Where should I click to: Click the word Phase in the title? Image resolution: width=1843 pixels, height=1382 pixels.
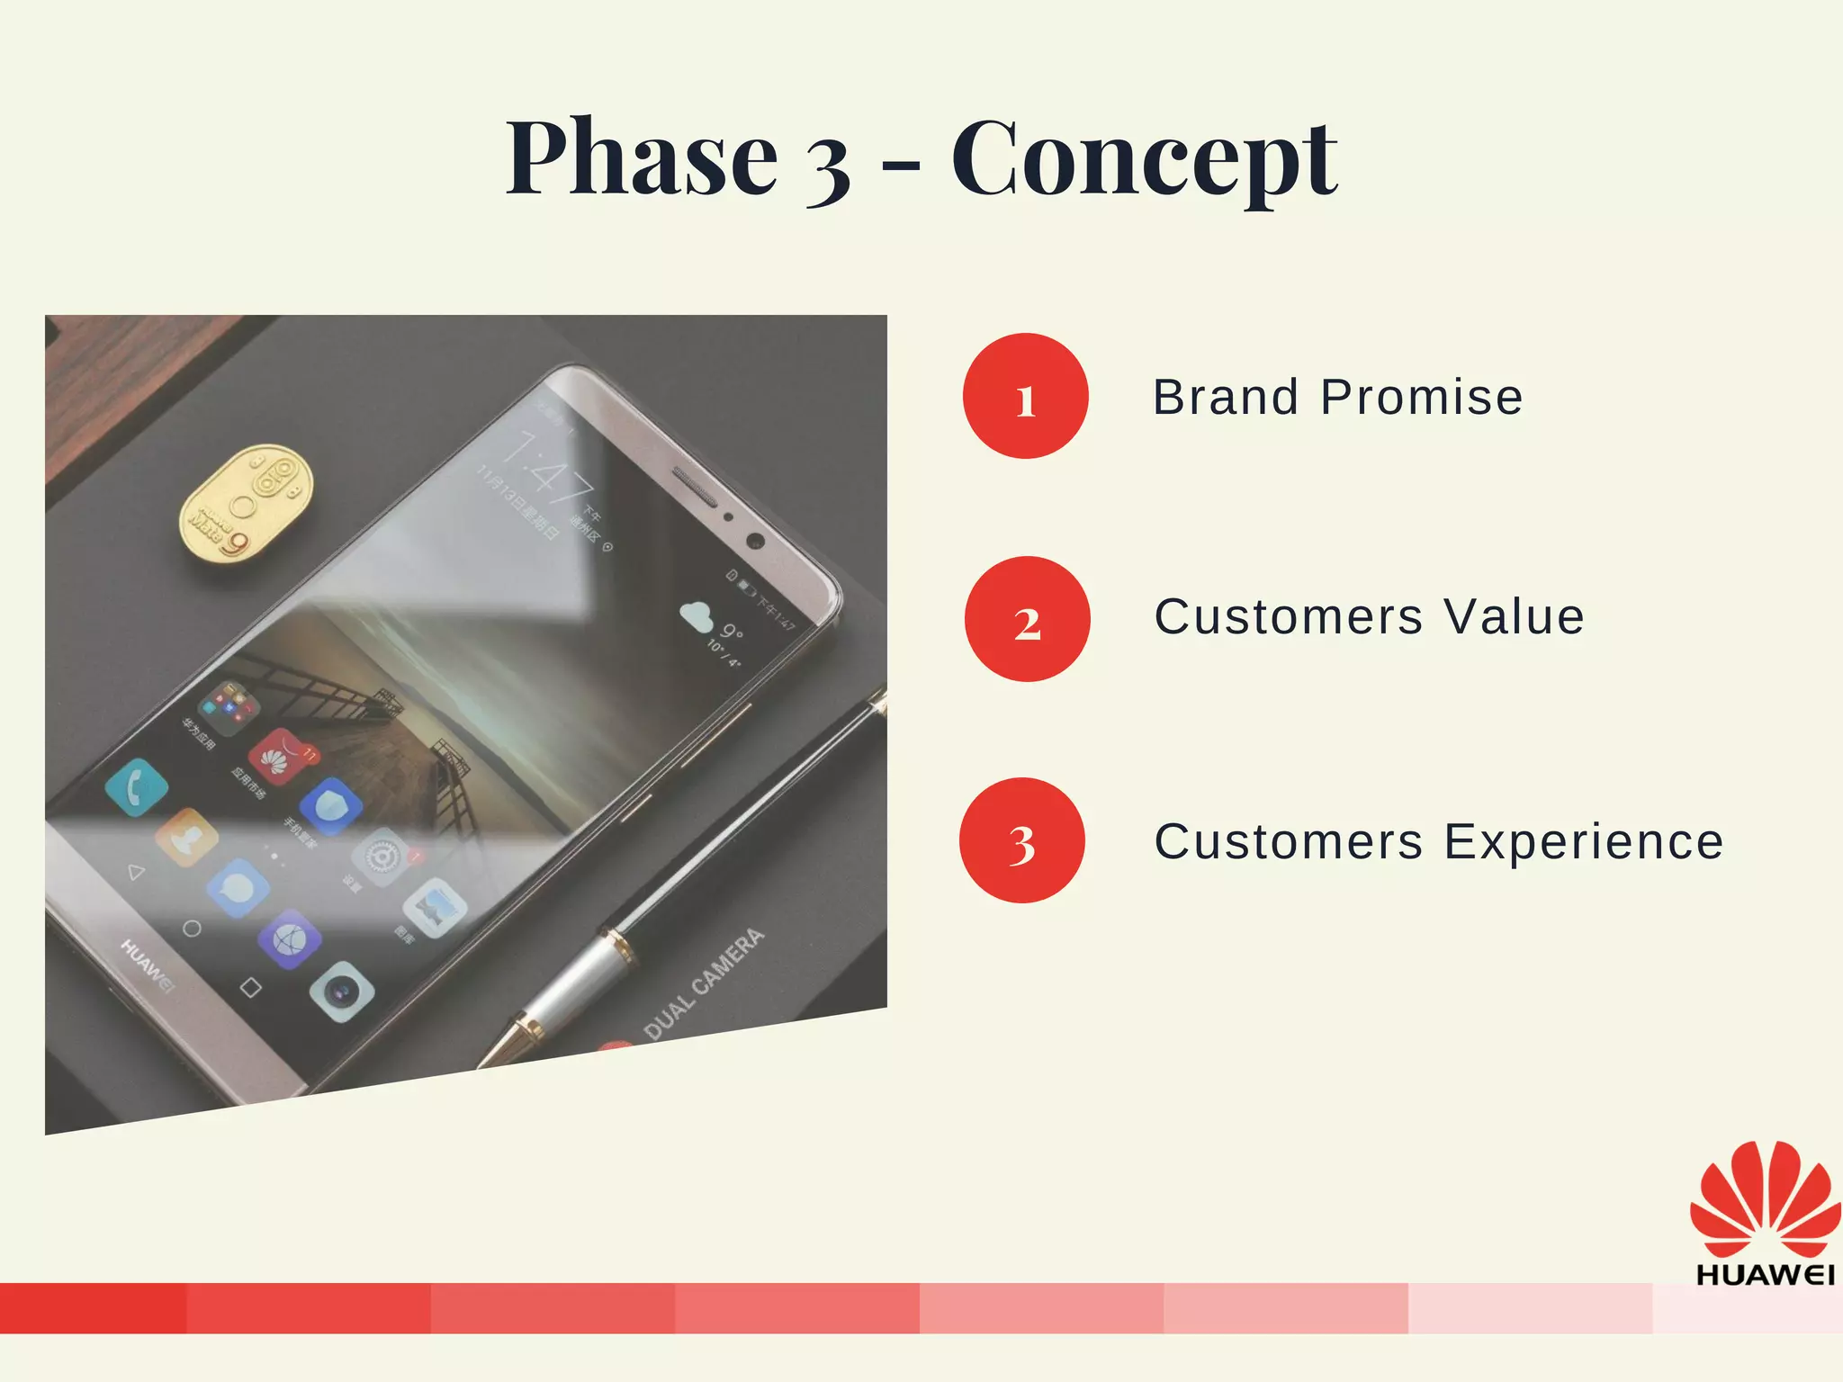[x=641, y=158]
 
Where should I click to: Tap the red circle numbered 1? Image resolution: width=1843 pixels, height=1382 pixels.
[x=1025, y=396]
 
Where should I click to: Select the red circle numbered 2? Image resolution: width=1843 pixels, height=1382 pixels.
[x=1027, y=619]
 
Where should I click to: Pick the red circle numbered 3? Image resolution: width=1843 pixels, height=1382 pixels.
[x=1022, y=840]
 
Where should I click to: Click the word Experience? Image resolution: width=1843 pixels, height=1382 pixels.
[x=1584, y=842]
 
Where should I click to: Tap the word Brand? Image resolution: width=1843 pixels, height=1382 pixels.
[x=1226, y=397]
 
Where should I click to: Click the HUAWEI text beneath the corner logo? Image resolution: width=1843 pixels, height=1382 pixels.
[x=1764, y=1275]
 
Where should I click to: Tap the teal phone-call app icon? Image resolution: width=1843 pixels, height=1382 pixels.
[x=137, y=786]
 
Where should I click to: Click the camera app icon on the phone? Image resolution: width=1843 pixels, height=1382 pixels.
[x=342, y=992]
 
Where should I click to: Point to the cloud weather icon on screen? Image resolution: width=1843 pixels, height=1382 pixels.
[x=695, y=617]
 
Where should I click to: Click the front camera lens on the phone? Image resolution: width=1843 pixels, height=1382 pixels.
[x=755, y=541]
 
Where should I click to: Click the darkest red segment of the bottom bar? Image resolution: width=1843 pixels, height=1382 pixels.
[x=93, y=1307]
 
